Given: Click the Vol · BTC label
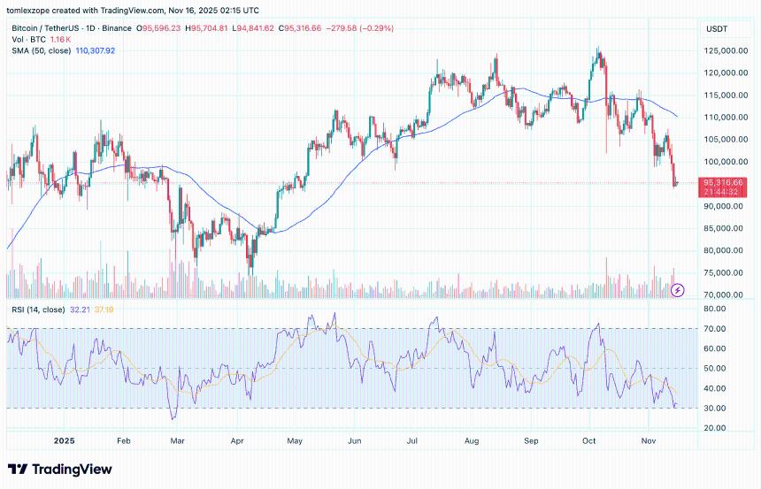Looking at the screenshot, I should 26,41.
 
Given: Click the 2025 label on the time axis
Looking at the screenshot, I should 65,439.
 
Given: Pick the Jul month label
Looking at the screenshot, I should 413,439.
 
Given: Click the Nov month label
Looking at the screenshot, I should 649,439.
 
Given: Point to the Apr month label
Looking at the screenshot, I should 237,439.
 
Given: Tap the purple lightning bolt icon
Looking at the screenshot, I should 679,289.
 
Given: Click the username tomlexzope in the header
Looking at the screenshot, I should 32,10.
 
